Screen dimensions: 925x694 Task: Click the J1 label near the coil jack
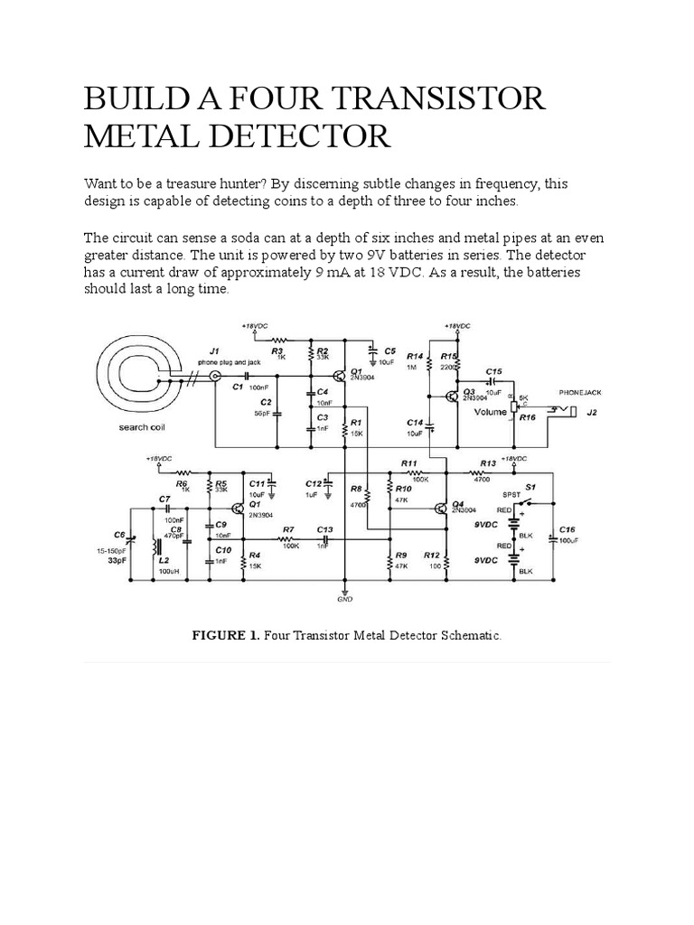click(x=214, y=350)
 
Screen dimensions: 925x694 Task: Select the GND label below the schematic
click(x=344, y=600)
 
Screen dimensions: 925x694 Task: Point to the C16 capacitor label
click(x=567, y=528)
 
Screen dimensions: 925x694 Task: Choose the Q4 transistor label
click(x=457, y=502)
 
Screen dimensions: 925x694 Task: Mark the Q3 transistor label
click(x=468, y=390)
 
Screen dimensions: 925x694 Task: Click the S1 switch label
click(x=531, y=488)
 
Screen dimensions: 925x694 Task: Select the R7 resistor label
click(x=288, y=529)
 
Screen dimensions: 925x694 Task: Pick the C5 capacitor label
click(x=389, y=350)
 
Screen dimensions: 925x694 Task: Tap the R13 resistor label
click(x=488, y=462)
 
